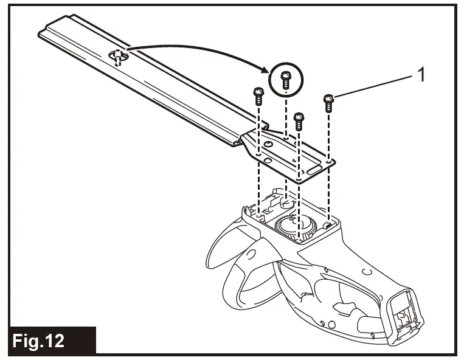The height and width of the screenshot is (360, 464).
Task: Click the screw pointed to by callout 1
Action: (x=329, y=103)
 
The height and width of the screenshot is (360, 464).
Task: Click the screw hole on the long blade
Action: (x=117, y=57)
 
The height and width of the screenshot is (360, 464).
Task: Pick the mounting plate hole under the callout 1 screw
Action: (x=328, y=162)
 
